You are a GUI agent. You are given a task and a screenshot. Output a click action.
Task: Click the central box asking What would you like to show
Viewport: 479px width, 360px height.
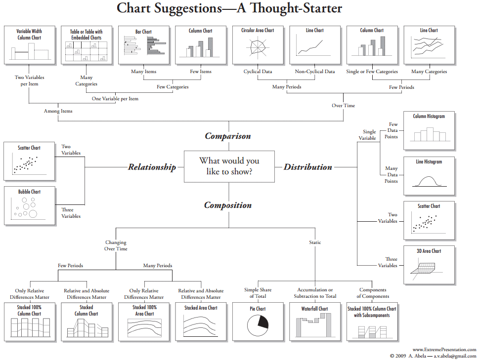click(x=229, y=166)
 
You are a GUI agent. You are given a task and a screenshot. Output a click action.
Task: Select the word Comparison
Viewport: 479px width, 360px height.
click(x=228, y=136)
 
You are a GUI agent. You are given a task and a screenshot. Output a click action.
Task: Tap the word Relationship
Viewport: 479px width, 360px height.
click(x=152, y=167)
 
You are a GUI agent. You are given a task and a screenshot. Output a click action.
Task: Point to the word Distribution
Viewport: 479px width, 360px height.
click(x=307, y=167)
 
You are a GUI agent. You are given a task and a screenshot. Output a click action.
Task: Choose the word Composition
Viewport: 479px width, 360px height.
click(x=228, y=205)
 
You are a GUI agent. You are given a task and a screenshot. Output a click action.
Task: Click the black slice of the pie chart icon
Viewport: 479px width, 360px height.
click(x=262, y=323)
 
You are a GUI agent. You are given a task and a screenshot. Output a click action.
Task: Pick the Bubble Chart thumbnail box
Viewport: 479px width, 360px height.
click(x=29, y=205)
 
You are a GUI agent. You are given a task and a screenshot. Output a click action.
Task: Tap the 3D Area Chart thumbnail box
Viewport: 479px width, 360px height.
click(x=429, y=266)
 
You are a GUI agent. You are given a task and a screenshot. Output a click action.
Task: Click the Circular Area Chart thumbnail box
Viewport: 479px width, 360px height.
click(x=257, y=44)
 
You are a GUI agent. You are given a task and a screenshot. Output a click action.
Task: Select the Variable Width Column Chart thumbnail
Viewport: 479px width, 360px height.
click(x=29, y=44)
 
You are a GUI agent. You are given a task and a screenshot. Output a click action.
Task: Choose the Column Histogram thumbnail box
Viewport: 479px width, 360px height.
click(x=429, y=130)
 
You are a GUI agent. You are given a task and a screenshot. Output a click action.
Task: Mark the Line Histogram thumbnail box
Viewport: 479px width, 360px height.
click(x=429, y=175)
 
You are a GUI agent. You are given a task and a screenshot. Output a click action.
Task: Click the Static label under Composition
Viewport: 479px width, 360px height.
click(x=315, y=242)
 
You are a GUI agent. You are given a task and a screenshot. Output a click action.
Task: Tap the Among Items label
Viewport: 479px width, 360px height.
click(x=58, y=111)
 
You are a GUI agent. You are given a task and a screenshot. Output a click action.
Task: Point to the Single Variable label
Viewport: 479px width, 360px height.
click(x=369, y=135)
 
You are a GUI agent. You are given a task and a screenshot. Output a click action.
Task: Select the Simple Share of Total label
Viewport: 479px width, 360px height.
click(x=258, y=293)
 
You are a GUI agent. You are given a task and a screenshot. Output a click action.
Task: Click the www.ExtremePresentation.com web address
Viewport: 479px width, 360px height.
click(x=444, y=350)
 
